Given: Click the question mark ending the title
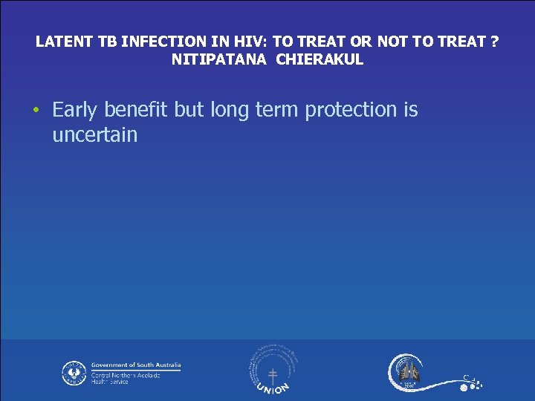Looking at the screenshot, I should tap(495, 42).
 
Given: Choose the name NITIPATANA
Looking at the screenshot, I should tap(219, 60).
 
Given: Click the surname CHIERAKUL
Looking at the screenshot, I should tap(320, 60).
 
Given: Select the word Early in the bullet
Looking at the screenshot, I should tap(75, 110).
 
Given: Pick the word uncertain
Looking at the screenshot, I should tap(94, 134).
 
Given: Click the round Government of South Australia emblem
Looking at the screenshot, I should tap(74, 373).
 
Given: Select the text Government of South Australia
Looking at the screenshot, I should tap(136, 365).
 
